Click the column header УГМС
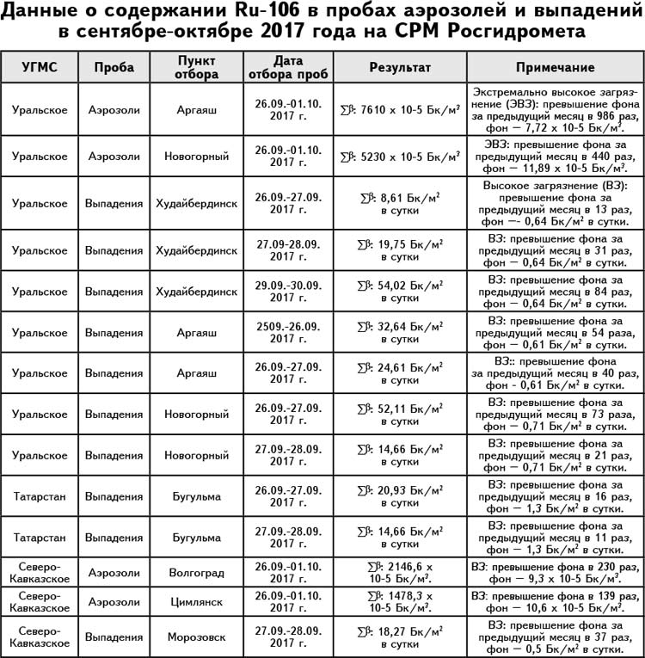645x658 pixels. tap(40, 67)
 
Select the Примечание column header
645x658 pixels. tap(556, 67)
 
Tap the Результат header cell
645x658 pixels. tap(400, 67)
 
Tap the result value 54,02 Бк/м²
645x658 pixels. tap(400, 292)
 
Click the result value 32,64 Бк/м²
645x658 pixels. tap(400, 332)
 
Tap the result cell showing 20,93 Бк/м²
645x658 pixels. tap(400, 496)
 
